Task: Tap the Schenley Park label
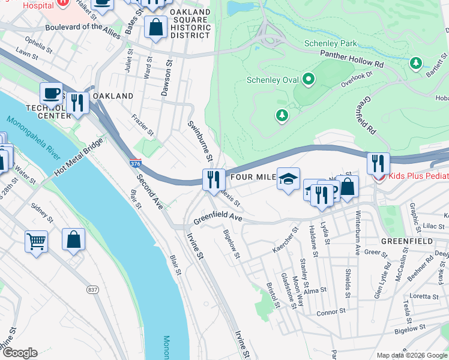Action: [330, 43]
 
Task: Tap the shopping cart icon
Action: [37, 242]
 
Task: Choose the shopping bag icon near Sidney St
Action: [73, 239]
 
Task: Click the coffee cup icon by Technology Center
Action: [51, 94]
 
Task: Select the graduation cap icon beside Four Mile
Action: [288, 179]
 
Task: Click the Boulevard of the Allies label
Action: [65, 26]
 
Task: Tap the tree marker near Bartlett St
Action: [415, 62]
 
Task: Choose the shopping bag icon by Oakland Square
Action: [156, 27]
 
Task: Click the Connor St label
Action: [328, 313]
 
